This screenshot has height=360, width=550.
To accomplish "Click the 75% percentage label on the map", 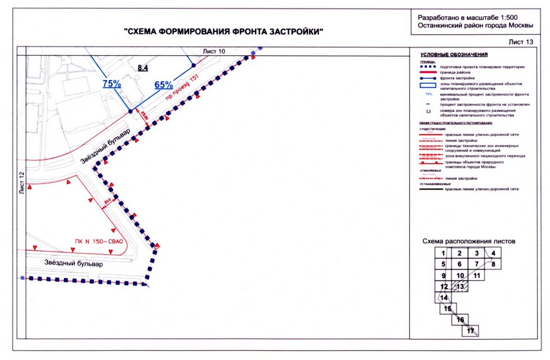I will pos(112,83).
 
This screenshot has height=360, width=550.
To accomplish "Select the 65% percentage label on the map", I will pos(164,85).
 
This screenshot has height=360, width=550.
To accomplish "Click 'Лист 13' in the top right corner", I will pos(521,41).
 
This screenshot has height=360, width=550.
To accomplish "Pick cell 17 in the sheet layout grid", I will pos(470,331).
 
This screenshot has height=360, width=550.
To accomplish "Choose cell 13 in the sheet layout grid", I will pos(460,287).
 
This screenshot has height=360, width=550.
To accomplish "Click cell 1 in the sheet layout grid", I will pos(443,253).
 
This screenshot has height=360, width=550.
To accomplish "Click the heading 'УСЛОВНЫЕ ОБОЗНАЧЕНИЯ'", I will pos(454,55).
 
